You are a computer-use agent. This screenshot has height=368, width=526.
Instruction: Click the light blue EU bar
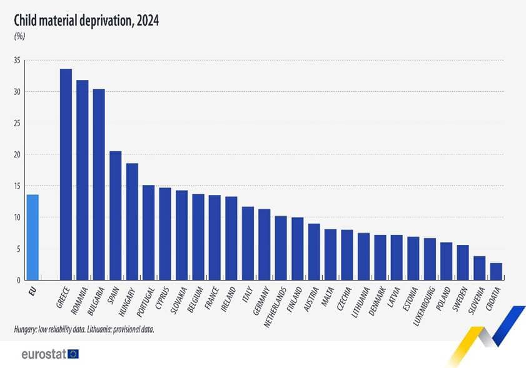[x=32, y=237]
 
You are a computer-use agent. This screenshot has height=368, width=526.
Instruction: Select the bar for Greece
[x=66, y=175]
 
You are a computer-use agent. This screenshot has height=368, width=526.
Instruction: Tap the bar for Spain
[x=115, y=216]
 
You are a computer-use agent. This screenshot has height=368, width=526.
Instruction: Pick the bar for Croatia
[x=495, y=272]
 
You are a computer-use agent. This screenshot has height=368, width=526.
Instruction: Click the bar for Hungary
[x=132, y=222]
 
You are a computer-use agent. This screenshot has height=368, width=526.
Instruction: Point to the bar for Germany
[x=265, y=244]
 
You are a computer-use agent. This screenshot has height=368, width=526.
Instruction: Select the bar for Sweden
[x=479, y=262]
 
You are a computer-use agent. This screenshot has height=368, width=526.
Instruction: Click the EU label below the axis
[x=32, y=290]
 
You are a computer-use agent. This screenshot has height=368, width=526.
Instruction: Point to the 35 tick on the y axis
[x=17, y=61]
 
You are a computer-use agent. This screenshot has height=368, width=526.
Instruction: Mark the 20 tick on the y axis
[x=17, y=155]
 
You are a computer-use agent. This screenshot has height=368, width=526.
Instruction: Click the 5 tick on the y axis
[x=19, y=249]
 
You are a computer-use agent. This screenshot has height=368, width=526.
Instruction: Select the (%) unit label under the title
[x=19, y=36]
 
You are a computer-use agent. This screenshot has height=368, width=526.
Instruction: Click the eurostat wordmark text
[x=42, y=354]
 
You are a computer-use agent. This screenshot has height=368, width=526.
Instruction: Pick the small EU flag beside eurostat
[x=74, y=354]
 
